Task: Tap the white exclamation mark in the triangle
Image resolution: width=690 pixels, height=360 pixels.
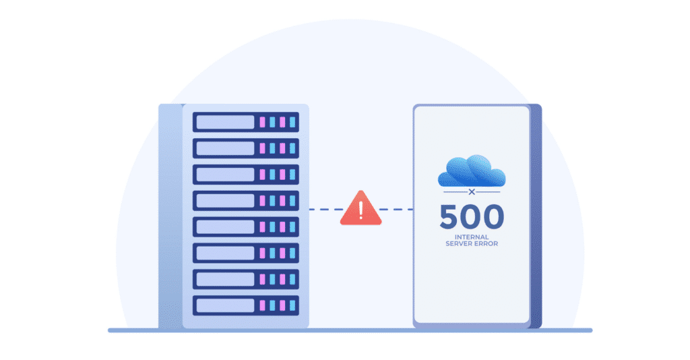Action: (361, 211)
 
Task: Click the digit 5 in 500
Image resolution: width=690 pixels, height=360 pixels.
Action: (451, 217)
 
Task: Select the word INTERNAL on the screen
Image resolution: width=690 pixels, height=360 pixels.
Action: (472, 237)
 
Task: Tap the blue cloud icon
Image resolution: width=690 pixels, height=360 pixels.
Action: (472, 171)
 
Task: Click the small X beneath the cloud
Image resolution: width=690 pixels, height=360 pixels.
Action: (472, 192)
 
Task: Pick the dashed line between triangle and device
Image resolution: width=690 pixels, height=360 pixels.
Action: (398, 210)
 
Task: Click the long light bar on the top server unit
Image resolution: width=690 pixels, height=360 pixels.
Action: (225, 122)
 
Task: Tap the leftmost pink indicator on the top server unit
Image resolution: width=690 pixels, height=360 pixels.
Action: (263, 122)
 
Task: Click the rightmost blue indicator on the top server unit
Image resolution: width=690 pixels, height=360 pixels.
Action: (292, 122)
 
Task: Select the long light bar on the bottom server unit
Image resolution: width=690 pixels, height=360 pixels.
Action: (225, 305)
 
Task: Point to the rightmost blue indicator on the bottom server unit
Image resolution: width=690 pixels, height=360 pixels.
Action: (292, 305)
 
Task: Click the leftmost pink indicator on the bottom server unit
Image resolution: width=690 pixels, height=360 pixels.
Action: (263, 305)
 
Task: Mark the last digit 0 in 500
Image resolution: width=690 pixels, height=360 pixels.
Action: (493, 217)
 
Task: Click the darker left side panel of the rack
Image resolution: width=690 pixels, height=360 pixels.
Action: (170, 216)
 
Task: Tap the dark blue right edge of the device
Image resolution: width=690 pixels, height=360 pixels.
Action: (536, 216)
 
